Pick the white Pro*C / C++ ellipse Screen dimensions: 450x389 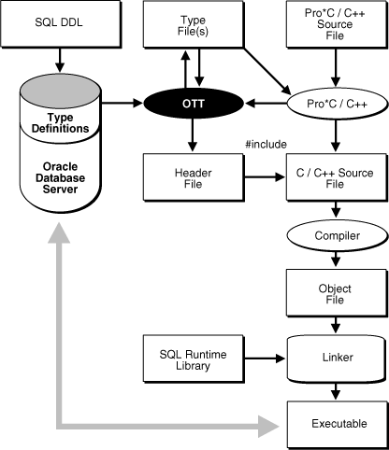pos(337,100)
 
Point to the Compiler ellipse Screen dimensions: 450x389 pos(337,236)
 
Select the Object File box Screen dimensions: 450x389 pos(337,295)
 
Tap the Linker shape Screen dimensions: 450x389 pos(337,357)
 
